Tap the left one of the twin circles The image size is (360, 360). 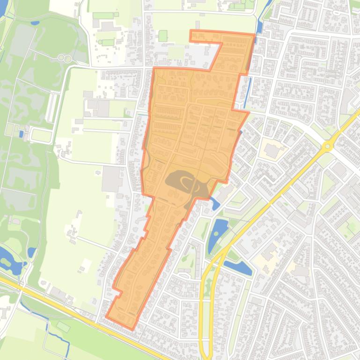[x=61, y=58]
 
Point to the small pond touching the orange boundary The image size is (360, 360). [x=214, y=203]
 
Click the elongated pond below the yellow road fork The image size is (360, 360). [x=239, y=268]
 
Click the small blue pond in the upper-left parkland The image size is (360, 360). [x=35, y=22]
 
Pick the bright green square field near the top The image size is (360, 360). [x=163, y=36]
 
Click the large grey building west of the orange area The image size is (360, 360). [x=112, y=179]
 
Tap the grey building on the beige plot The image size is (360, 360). [x=272, y=151]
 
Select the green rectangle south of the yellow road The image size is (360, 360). [x=63, y=327]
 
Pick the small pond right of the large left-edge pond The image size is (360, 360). [x=31, y=252]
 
